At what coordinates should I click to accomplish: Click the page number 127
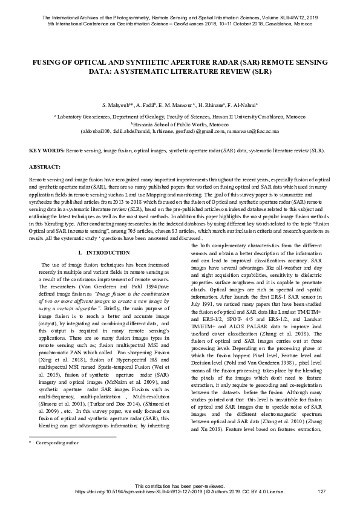click(x=321, y=490)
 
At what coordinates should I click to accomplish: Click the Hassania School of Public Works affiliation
click(x=180, y=123)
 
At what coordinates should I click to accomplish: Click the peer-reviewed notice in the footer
click(x=180, y=485)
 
